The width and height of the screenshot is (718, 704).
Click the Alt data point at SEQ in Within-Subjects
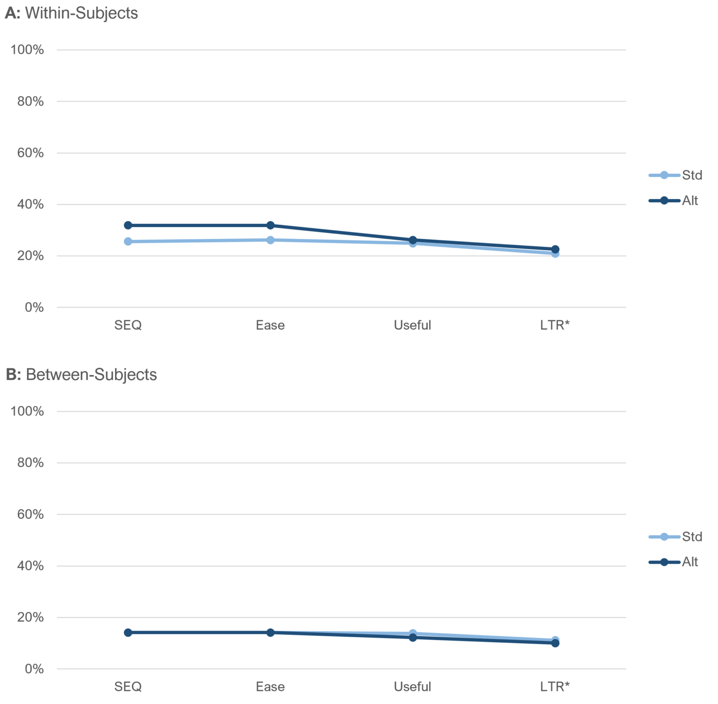point(128,225)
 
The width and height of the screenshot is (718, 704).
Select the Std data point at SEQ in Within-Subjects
point(128,242)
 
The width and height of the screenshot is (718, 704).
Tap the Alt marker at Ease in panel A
point(270,225)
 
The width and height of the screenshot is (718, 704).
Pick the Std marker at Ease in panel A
point(270,240)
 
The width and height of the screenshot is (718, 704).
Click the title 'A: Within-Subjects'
point(72,13)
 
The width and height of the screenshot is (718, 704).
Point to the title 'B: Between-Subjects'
point(81,375)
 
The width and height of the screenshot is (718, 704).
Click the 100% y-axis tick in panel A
point(27,50)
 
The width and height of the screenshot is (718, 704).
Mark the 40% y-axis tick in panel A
point(30,204)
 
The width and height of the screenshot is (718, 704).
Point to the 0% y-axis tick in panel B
point(34,669)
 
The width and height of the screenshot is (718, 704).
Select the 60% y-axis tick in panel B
point(30,515)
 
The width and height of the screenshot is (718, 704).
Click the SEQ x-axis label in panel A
point(128,325)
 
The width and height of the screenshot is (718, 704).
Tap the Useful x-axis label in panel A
point(412,325)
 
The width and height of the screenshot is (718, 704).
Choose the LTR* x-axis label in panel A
point(555,325)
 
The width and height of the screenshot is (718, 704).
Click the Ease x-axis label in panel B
point(270,687)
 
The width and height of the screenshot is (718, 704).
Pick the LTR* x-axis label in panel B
point(555,687)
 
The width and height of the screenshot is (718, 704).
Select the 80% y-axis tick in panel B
point(30,463)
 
